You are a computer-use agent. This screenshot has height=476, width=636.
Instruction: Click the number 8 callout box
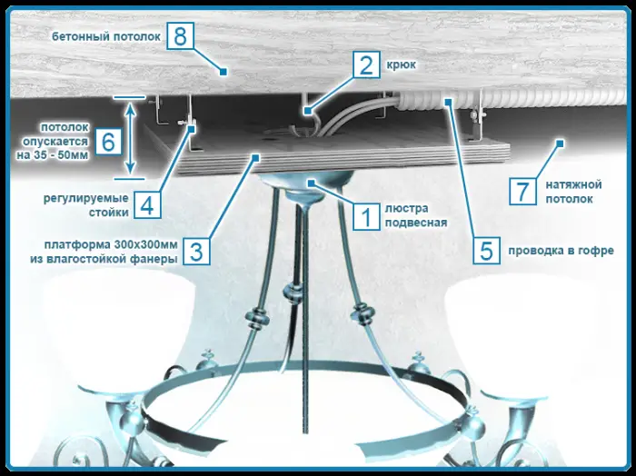[x=180, y=36]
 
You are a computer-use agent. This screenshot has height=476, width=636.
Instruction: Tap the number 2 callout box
[x=366, y=64]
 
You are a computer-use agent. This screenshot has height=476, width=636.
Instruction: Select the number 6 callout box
[x=108, y=142]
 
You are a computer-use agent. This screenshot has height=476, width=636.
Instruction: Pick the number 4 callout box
[x=147, y=204]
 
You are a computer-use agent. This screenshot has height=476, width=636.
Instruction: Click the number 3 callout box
[x=196, y=252]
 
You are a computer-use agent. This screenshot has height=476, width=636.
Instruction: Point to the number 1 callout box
[x=366, y=217]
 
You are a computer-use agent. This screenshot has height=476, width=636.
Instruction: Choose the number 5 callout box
[x=486, y=251]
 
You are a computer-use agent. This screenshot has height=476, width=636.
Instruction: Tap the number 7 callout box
[x=522, y=191]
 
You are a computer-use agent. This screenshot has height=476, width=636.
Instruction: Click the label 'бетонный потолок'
[x=106, y=36]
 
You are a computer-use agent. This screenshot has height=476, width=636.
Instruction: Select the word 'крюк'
[x=402, y=64]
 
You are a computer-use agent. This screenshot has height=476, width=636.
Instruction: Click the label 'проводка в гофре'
[x=561, y=251]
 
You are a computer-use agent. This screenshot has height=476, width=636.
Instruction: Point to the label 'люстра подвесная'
[x=416, y=215]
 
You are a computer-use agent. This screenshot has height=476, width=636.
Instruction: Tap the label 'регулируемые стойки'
[x=86, y=205]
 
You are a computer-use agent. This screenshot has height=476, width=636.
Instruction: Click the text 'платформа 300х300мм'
[x=111, y=245]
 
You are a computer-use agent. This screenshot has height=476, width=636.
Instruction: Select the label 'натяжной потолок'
[x=573, y=192]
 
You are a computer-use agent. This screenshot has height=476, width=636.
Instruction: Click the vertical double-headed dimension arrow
[x=130, y=138]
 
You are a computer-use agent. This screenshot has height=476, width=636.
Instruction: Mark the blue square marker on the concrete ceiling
[x=223, y=72]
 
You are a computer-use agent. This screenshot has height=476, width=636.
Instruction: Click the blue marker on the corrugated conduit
[x=448, y=101]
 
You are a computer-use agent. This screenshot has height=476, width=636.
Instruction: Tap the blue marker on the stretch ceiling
[x=560, y=144]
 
